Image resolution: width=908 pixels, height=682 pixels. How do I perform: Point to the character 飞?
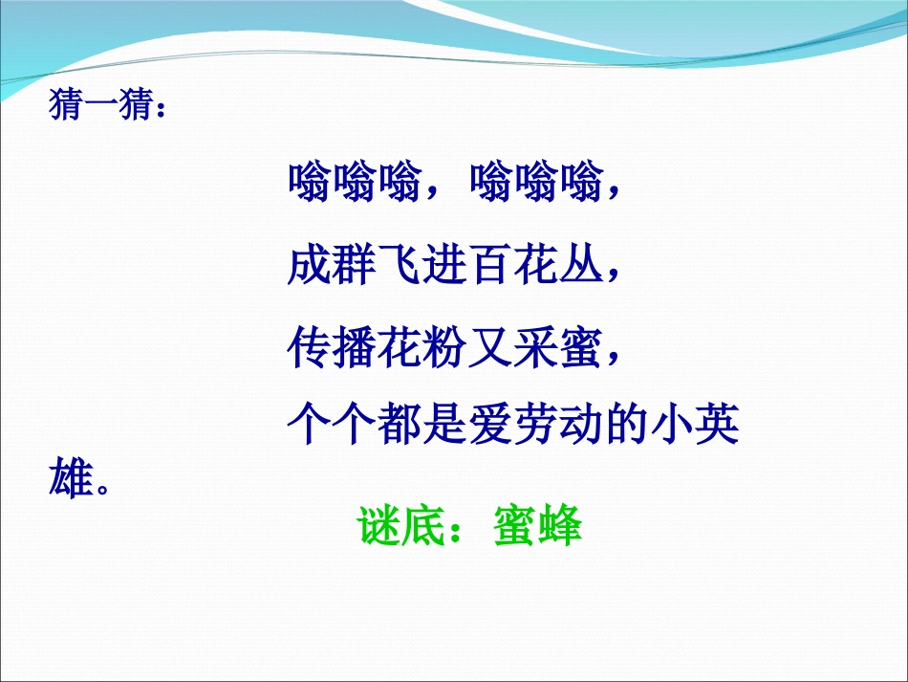[400, 265]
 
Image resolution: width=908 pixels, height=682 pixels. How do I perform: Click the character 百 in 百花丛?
[491, 265]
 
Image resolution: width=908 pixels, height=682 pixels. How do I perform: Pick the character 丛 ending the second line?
[582, 265]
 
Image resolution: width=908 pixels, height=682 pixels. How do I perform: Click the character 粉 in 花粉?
[445, 346]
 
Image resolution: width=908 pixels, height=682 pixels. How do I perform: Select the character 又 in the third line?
[491, 346]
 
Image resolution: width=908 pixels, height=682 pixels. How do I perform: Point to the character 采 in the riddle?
[536, 346]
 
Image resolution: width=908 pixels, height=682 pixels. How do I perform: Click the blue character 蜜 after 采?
[582, 346]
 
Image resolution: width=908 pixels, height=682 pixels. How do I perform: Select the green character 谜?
[379, 526]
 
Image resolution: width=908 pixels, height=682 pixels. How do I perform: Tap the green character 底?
[424, 526]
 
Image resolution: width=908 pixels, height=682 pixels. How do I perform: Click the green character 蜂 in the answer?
[559, 526]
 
